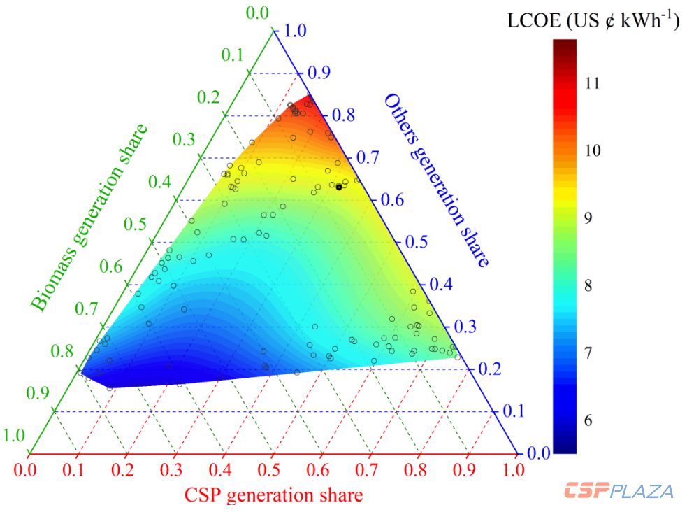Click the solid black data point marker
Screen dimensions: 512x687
[x=339, y=187]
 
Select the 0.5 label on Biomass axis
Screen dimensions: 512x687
[x=136, y=225]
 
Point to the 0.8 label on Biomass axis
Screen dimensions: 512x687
[x=63, y=351]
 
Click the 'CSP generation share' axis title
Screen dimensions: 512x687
[x=273, y=495]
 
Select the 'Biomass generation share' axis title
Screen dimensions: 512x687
[x=89, y=218]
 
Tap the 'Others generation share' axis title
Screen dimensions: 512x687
[x=435, y=180]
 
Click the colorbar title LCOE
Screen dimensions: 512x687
[x=593, y=21]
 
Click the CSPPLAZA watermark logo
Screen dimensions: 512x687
[x=619, y=490]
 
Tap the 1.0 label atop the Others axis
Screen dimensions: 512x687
[x=289, y=31]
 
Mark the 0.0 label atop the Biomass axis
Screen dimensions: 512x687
[x=258, y=13]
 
